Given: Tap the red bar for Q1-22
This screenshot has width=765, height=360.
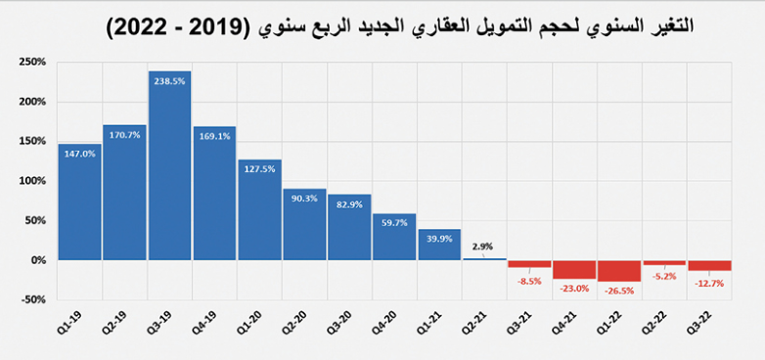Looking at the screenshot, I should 619,271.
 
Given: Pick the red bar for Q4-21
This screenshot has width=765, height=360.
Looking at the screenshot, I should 574,269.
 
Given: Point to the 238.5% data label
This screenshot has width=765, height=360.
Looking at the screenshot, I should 169,81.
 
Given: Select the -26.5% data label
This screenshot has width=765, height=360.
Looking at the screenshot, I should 619,290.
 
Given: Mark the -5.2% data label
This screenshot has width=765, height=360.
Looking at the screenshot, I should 664,275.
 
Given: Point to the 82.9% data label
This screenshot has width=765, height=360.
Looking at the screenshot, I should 349,203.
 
